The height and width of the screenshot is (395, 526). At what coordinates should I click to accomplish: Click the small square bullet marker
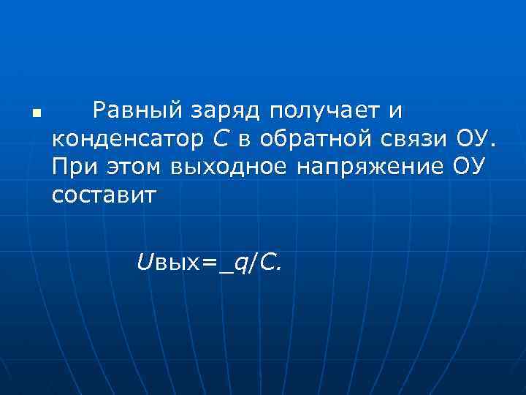point(36,115)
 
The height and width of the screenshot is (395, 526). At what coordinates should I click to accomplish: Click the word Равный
point(136,111)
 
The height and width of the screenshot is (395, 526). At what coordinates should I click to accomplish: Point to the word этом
point(136,167)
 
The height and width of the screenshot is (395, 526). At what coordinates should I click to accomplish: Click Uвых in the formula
point(164,262)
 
